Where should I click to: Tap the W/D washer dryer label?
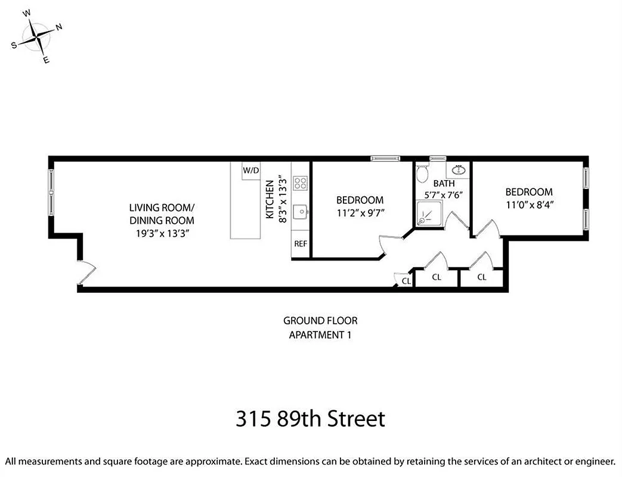tap(250, 171)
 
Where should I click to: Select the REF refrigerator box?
tap(300, 244)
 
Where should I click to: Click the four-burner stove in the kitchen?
tap(300, 183)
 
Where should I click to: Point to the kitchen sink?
tap(301, 211)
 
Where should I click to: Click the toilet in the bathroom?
tap(422, 174)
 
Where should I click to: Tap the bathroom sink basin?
tap(460, 170)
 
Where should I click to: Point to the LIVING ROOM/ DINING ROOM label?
tap(162, 213)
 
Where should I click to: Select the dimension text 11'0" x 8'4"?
tap(528, 204)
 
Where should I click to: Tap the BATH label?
tap(444, 184)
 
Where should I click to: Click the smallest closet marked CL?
tap(405, 280)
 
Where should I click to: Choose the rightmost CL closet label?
tap(481, 277)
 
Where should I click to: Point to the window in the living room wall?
tap(51, 193)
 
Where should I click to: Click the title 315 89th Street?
tap(310, 419)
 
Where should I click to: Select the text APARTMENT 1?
tap(320, 334)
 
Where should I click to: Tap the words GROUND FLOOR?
tap(320, 321)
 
